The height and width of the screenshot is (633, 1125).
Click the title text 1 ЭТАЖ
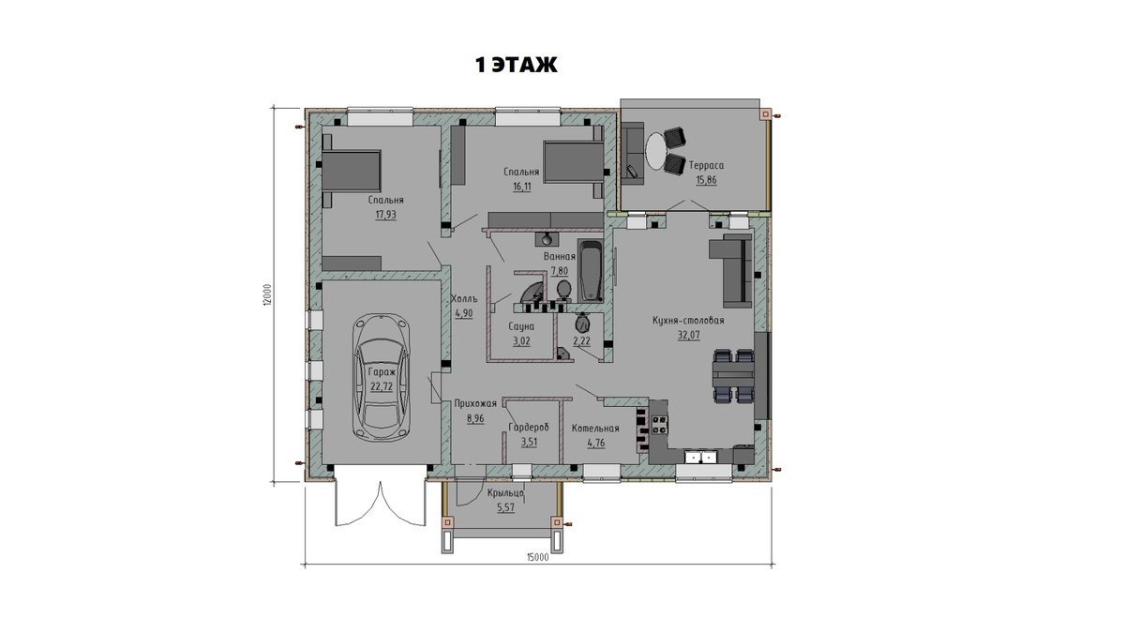pyautogui.click(x=517, y=65)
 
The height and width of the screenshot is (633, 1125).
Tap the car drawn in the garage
pyautogui.click(x=382, y=378)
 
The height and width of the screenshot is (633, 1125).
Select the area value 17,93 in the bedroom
pyautogui.click(x=385, y=215)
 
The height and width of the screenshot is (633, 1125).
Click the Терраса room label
pyautogui.click(x=706, y=165)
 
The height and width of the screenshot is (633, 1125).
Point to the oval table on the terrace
pyautogui.click(x=656, y=151)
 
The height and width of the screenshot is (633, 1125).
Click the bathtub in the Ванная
pyautogui.click(x=590, y=271)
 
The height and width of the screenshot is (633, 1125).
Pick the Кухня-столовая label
pyautogui.click(x=688, y=320)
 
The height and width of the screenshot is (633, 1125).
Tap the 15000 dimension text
pyautogui.click(x=537, y=557)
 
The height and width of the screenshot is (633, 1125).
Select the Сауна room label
pyautogui.click(x=521, y=326)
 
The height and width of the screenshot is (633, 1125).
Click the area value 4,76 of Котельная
pyautogui.click(x=595, y=443)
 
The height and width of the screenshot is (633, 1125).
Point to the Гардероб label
pyautogui.click(x=529, y=428)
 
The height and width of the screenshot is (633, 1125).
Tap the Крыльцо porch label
pyautogui.click(x=505, y=493)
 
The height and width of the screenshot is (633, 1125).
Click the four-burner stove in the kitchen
pyautogui.click(x=660, y=425)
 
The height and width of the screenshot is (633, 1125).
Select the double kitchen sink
pyautogui.click(x=701, y=458)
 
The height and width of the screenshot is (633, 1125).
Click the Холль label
pyautogui.click(x=463, y=299)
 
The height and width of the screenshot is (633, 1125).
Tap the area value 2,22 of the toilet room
pyautogui.click(x=581, y=341)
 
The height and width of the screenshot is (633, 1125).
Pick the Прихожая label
pyautogui.click(x=475, y=403)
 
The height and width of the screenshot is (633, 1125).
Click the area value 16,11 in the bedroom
pyautogui.click(x=522, y=187)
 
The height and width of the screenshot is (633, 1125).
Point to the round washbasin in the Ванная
pyautogui.click(x=547, y=238)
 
